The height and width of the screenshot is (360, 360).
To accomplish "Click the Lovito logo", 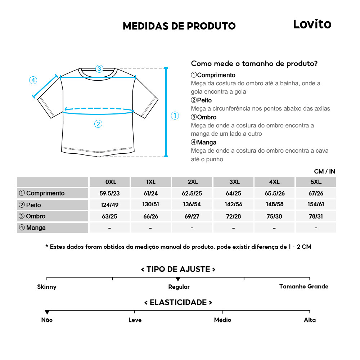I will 312,24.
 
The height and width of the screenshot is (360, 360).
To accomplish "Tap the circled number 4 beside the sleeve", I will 33,80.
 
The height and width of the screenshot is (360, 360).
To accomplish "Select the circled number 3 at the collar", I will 99,68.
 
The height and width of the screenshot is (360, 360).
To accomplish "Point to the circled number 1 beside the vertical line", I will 175,116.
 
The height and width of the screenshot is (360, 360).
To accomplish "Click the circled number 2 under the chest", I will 98,124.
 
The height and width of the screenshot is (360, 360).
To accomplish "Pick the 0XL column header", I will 111,182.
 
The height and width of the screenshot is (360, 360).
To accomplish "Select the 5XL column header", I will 316,182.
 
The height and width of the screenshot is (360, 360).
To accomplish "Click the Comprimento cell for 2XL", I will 192,193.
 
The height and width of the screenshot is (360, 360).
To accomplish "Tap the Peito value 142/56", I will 234,204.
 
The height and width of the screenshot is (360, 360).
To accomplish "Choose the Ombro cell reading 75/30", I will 275,216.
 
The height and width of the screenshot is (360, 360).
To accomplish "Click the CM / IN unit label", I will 324,171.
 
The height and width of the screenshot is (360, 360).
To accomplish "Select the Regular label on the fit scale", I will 179,287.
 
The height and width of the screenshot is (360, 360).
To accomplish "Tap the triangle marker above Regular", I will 178,279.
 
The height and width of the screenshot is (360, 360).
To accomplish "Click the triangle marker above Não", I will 47,312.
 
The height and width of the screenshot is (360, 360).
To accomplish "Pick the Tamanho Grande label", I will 304,287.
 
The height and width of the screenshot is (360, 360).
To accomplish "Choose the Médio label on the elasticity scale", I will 222,320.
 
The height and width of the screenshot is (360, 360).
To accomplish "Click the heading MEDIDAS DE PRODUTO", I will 179,26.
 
